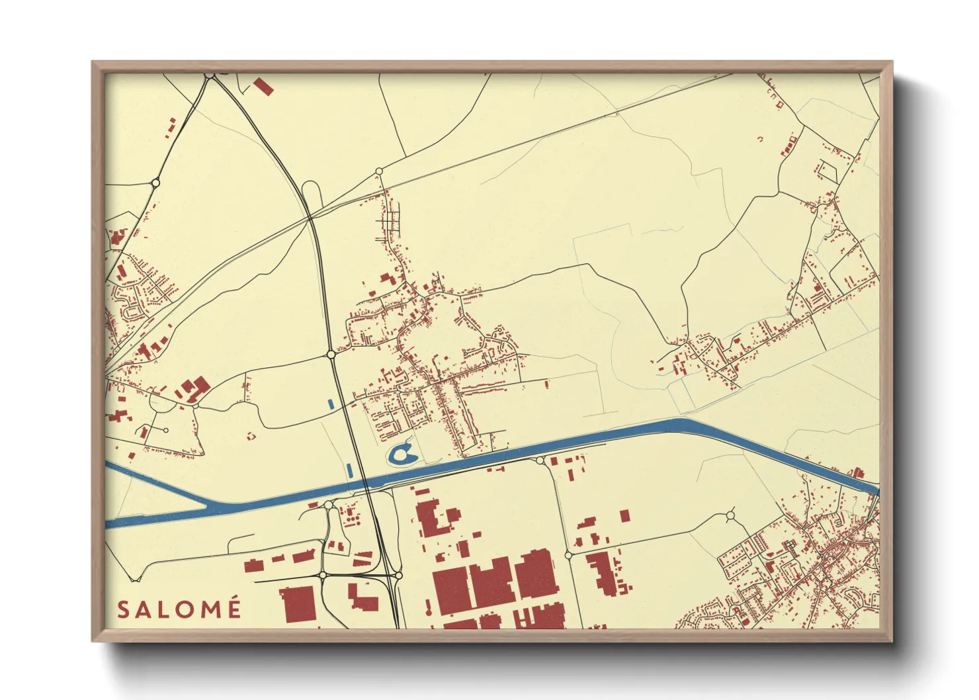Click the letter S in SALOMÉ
[x=122, y=609]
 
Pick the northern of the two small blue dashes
[x=331, y=402]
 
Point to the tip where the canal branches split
[x=208, y=507]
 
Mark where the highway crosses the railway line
[x=311, y=217]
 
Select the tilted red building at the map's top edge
[x=263, y=87]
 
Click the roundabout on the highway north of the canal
[x=331, y=355]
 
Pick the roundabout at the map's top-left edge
[x=209, y=76]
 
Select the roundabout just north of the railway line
[x=379, y=171]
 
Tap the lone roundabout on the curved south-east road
[x=730, y=515]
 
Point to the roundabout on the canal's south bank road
[x=540, y=460]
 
